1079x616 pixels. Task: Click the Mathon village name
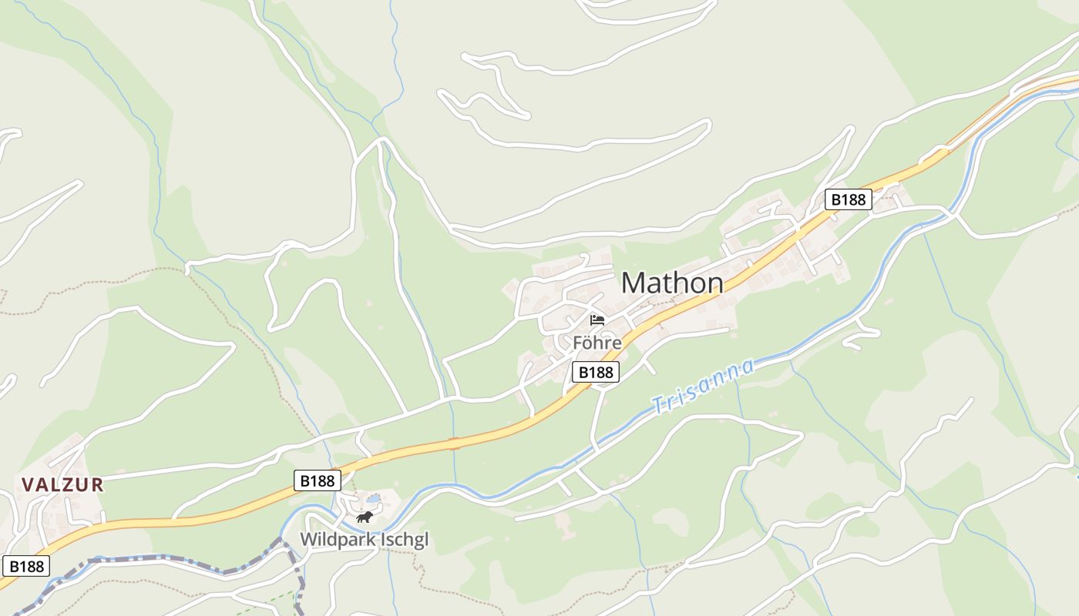(672, 283)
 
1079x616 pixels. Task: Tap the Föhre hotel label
(597, 342)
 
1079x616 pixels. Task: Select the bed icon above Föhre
(597, 320)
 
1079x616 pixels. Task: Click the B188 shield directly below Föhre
(597, 373)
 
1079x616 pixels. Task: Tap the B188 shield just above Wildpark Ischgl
(317, 480)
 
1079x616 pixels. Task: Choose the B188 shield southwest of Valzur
(26, 567)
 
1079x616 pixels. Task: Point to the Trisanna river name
(702, 385)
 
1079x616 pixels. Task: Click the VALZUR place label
(62, 485)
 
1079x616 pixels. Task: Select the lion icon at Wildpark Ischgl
(365, 517)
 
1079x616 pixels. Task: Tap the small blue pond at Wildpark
(373, 499)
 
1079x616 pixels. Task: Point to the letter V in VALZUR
(28, 485)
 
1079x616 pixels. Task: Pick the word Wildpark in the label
(336, 539)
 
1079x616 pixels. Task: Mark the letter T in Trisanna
(657, 404)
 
